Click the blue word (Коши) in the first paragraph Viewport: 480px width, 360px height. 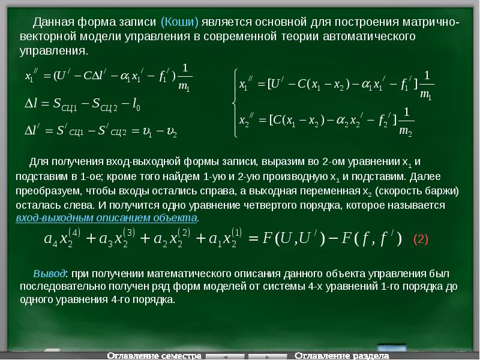(179, 23)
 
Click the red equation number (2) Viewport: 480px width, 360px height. (421, 239)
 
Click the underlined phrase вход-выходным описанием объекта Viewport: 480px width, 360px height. (106, 217)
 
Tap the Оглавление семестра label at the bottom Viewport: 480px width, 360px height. (154, 355)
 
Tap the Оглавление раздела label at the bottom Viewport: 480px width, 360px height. (340, 355)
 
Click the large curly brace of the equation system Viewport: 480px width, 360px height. (233, 101)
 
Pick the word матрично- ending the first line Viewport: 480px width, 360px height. (429, 23)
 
